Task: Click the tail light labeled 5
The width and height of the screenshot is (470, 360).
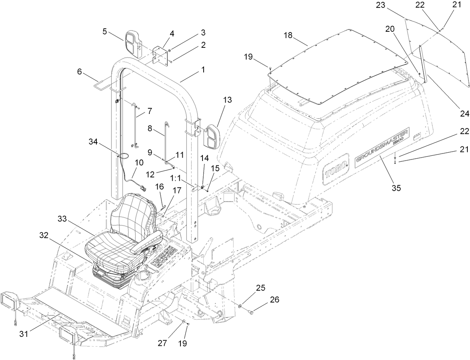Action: click(x=133, y=44)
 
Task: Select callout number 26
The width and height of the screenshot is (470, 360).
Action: click(x=274, y=300)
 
